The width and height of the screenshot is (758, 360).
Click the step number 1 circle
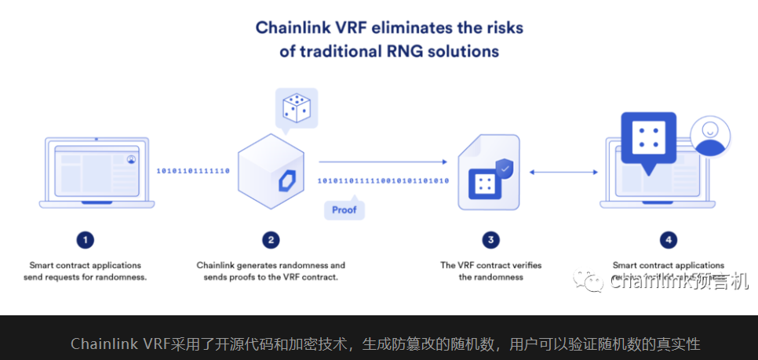pyautogui.click(x=86, y=239)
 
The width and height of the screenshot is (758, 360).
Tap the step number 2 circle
pyautogui.click(x=271, y=239)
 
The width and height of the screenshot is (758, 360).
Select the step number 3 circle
pyautogui.click(x=490, y=239)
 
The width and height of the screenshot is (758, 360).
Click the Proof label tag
pyautogui.click(x=344, y=209)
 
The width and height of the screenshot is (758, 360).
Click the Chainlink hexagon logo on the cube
pyautogui.click(x=284, y=180)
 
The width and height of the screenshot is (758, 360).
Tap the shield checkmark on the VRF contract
pyautogui.click(x=506, y=167)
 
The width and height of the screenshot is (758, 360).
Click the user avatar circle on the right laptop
pyautogui.click(x=709, y=138)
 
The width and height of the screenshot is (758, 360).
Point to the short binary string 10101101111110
pyautogui.click(x=193, y=170)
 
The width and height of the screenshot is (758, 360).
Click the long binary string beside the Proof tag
pyautogui.click(x=383, y=181)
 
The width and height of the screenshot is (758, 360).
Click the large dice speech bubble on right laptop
pyautogui.click(x=649, y=142)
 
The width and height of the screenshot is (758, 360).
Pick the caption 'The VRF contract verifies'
pyautogui.click(x=490, y=265)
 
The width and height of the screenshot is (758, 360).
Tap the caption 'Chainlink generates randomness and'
pyautogui.click(x=271, y=265)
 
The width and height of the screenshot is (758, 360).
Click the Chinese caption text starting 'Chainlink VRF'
pyautogui.click(x=385, y=344)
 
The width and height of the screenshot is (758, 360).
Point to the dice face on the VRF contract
pyautogui.click(x=485, y=184)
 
